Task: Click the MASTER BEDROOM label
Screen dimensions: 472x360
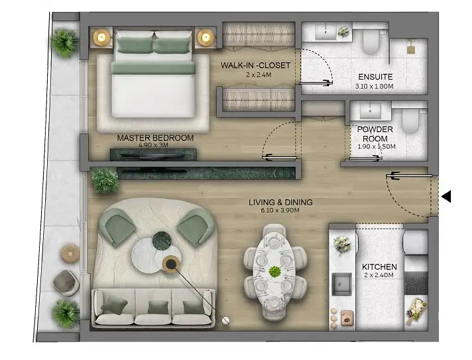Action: pyautogui.click(x=155, y=138)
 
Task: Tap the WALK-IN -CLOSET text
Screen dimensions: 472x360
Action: pyautogui.click(x=255, y=66)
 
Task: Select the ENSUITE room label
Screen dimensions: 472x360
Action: pyautogui.click(x=375, y=77)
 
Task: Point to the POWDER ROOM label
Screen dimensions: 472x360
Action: pyautogui.click(x=375, y=134)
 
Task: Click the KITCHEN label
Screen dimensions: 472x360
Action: pyautogui.click(x=379, y=267)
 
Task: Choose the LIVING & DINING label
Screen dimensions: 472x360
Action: pyautogui.click(x=280, y=202)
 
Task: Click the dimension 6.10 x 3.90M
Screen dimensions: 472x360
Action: pyautogui.click(x=280, y=210)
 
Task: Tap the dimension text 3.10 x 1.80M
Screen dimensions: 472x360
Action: pyautogui.click(x=374, y=86)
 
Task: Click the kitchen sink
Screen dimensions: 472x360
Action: pyautogui.click(x=341, y=284)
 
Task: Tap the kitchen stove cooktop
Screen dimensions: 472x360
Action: pyautogui.click(x=416, y=283)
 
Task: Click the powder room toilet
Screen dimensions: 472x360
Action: pyautogui.click(x=410, y=121)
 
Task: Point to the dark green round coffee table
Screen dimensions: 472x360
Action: pyautogui.click(x=162, y=241)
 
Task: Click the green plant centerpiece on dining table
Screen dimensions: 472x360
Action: pyautogui.click(x=274, y=272)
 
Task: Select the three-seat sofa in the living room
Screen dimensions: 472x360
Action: pyautogui.click(x=153, y=308)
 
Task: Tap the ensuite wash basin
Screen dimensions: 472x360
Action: pyautogui.click(x=325, y=32)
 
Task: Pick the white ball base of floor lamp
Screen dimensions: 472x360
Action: pyautogui.click(x=225, y=321)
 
